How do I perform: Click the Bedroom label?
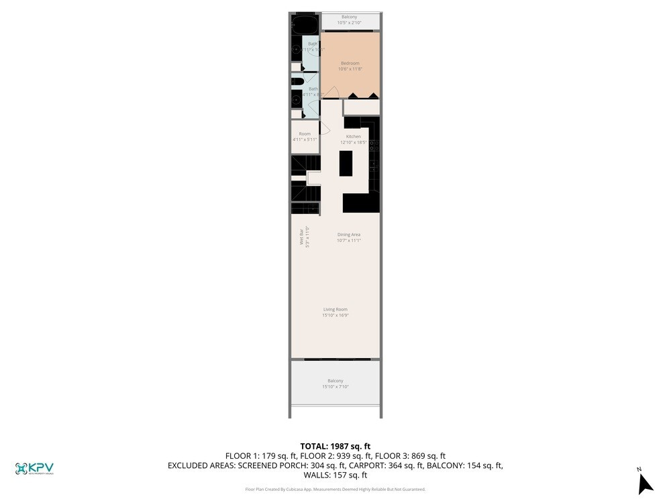click(x=350, y=64)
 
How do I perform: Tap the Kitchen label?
click(x=354, y=137)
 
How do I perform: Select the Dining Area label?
click(x=349, y=235)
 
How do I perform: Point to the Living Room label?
click(x=335, y=309)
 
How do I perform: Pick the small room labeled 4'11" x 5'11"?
click(x=305, y=137)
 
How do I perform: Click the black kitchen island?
click(x=346, y=163)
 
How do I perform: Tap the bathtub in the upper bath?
click(x=307, y=25)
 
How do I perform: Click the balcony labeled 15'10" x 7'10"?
click(x=335, y=383)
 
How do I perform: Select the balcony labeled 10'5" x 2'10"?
click(x=349, y=20)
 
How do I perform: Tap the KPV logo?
click(x=34, y=469)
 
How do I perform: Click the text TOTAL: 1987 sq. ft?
click(x=335, y=446)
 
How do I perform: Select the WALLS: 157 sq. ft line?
click(x=335, y=475)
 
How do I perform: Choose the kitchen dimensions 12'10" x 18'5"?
click(x=354, y=142)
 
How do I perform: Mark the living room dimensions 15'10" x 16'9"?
click(x=335, y=315)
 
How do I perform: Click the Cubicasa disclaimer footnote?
click(x=335, y=490)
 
